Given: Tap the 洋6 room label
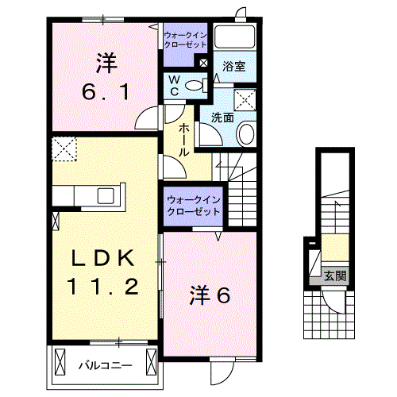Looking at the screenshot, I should click(210, 295).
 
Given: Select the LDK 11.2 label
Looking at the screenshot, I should click(106, 272).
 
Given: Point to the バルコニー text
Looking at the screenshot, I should click(104, 366).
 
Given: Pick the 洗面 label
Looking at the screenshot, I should click(222, 117).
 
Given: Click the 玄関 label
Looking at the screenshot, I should click(334, 276).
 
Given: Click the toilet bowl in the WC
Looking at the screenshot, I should click(198, 85).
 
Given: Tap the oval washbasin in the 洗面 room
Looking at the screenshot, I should click(245, 133).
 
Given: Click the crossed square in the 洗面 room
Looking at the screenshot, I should click(245, 100).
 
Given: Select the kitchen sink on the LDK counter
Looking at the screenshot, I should click(106, 196).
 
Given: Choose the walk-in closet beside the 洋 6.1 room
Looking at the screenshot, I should click(185, 40).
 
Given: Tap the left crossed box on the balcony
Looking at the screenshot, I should click(60, 364).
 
